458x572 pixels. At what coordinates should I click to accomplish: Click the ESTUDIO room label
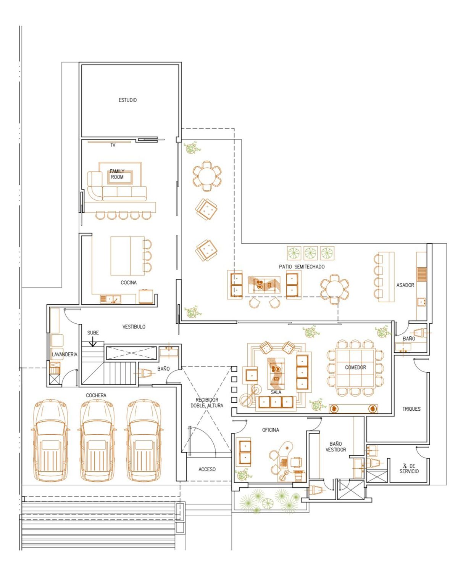click(127, 100)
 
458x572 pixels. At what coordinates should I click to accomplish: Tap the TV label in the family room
click(113, 145)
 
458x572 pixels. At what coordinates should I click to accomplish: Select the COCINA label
click(129, 283)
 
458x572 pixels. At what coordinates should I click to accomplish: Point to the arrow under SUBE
click(92, 342)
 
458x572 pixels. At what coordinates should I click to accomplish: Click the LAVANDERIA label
click(65, 354)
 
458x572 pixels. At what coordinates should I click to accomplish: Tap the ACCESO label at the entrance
click(207, 469)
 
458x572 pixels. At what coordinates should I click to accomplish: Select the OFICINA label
click(270, 430)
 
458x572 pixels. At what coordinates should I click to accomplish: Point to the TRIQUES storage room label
click(411, 409)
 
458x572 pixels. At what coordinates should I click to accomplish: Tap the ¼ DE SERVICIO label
click(409, 469)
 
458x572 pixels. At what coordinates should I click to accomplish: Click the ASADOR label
click(405, 285)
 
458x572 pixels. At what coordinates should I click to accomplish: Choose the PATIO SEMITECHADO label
click(302, 267)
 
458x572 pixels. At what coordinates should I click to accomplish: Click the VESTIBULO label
click(134, 327)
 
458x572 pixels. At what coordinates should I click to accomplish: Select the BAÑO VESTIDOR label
click(335, 447)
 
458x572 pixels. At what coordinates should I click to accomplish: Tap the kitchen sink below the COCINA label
click(110, 299)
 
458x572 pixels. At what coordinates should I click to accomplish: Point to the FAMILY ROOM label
click(117, 174)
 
